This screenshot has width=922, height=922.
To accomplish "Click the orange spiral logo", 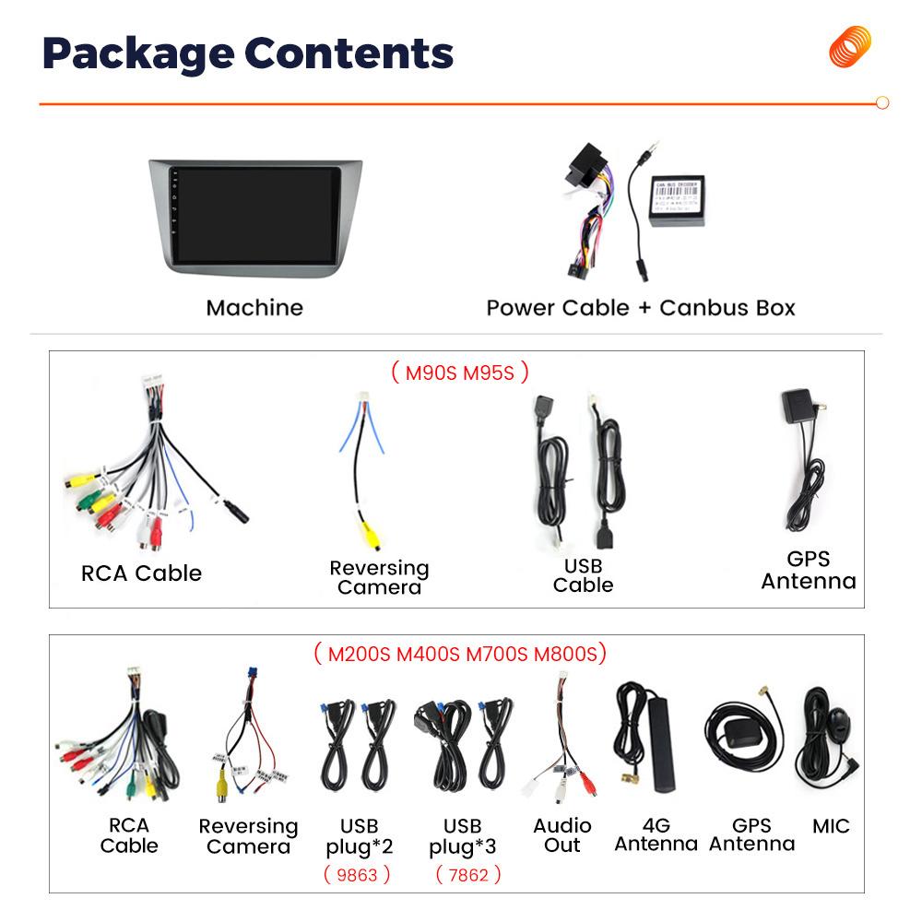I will [849, 47].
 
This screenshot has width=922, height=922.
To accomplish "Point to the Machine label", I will [254, 308].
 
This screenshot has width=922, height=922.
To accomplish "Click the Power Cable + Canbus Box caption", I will [641, 308].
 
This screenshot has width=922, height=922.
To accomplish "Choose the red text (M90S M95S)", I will [460, 372].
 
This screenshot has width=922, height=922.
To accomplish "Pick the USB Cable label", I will [583, 575].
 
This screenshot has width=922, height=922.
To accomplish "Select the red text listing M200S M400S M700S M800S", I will [460, 655].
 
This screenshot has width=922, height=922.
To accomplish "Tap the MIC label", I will [831, 826].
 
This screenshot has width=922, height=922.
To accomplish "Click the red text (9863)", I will [357, 874].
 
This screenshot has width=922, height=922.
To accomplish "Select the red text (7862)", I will [467, 874].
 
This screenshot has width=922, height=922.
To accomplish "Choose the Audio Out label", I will [562, 835].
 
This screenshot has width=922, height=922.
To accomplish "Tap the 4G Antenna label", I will [656, 835].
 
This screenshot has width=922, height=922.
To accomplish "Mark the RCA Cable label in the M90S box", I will [141, 573].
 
